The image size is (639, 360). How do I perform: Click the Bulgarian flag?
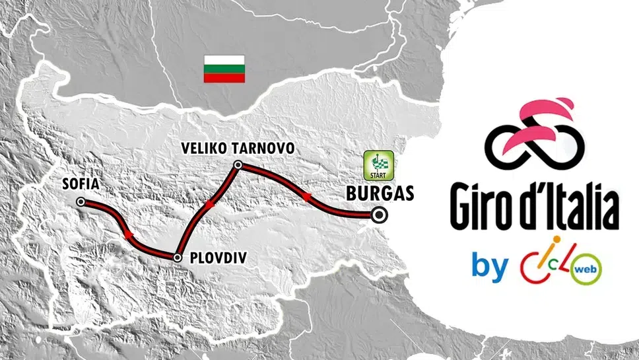(x=224, y=69)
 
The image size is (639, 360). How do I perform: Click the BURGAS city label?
(x=380, y=194)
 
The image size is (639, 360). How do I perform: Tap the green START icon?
(x=379, y=165)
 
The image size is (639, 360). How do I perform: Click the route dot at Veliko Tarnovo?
(x=238, y=164)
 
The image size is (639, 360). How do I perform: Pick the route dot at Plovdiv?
(x=177, y=257)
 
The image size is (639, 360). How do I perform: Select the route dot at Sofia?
(x=81, y=202)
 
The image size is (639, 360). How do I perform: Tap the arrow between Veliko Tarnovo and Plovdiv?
(x=210, y=205)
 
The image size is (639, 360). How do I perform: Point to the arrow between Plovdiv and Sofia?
(x=127, y=234)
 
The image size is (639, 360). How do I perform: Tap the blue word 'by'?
(x=490, y=266)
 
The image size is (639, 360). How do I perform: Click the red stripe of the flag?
(x=224, y=78)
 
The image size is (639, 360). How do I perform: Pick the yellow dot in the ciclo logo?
(x=556, y=240)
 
